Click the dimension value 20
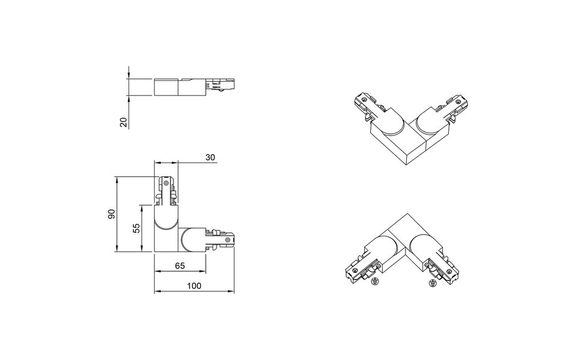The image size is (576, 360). point(124,122)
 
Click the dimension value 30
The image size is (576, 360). point(210,157)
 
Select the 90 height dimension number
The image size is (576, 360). point(111,214)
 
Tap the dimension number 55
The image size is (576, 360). point(137,227)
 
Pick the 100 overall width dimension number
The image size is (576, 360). point(194,286)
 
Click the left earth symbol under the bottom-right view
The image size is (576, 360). point(374,280)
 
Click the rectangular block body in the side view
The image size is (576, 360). point(167,87)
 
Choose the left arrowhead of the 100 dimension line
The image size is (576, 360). point(157,292)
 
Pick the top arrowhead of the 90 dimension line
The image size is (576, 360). point(117,179)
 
